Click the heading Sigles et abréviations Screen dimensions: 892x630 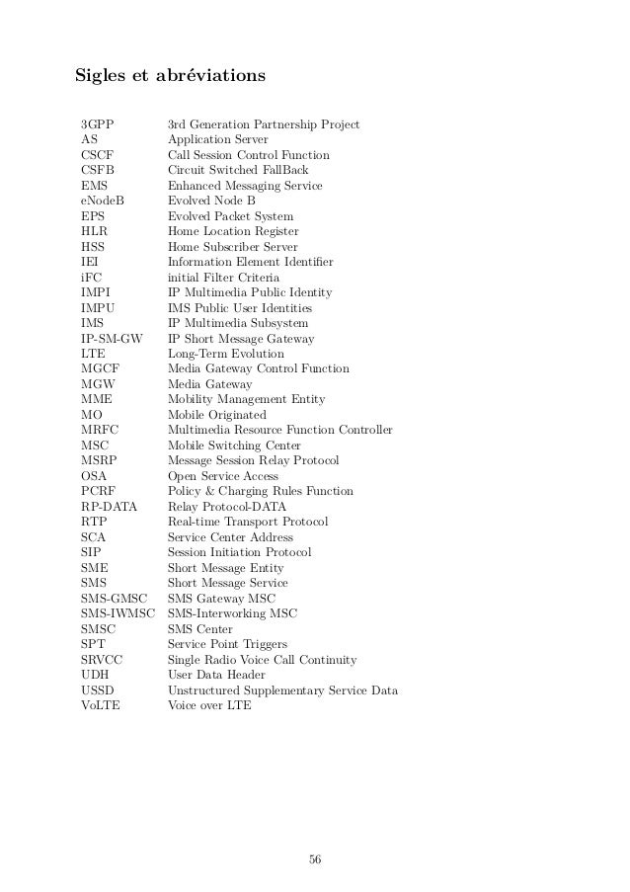click(x=170, y=74)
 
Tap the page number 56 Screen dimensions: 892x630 click(x=315, y=858)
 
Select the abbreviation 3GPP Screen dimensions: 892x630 click(x=97, y=124)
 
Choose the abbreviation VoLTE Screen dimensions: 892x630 click(x=101, y=706)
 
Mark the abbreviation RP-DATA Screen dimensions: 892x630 click(x=109, y=507)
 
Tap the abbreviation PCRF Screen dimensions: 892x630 click(x=99, y=491)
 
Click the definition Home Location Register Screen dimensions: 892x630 click(x=233, y=231)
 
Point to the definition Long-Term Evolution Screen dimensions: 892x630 click(x=225, y=354)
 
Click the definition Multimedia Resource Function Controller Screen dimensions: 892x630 click(x=280, y=430)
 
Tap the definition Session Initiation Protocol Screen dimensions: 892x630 click(x=239, y=552)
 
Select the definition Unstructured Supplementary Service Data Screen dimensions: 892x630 click(x=282, y=690)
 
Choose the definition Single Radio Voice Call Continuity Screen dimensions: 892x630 click(x=262, y=660)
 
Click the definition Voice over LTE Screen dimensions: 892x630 click(x=209, y=706)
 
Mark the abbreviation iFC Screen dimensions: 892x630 click(x=90, y=278)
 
